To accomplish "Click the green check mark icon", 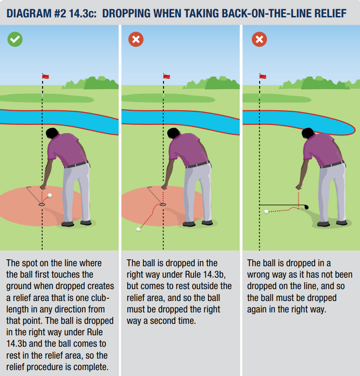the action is point(15,39).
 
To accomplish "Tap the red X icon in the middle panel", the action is point(136,39).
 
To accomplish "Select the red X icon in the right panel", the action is point(259,39).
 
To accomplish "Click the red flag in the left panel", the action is point(45,76).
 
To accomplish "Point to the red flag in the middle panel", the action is point(166,76).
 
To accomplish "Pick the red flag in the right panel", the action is point(263,76).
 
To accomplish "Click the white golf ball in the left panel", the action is point(50,195).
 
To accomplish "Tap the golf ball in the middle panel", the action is point(138,230).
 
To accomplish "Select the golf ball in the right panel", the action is point(266,212).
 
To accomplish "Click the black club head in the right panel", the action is point(306,207).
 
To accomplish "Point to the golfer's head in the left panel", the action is point(52,133).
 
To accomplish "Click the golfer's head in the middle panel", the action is point(173,133).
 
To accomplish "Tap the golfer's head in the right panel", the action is point(308,133).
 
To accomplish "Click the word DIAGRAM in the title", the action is point(28,13).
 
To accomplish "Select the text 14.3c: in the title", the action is point(83,13).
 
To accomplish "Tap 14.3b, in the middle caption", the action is point(214,274).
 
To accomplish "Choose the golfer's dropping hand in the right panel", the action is point(299,187).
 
